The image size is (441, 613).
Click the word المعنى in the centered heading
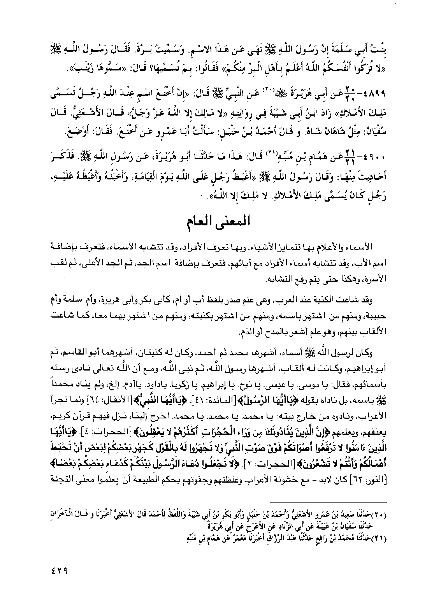pos(232,225)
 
